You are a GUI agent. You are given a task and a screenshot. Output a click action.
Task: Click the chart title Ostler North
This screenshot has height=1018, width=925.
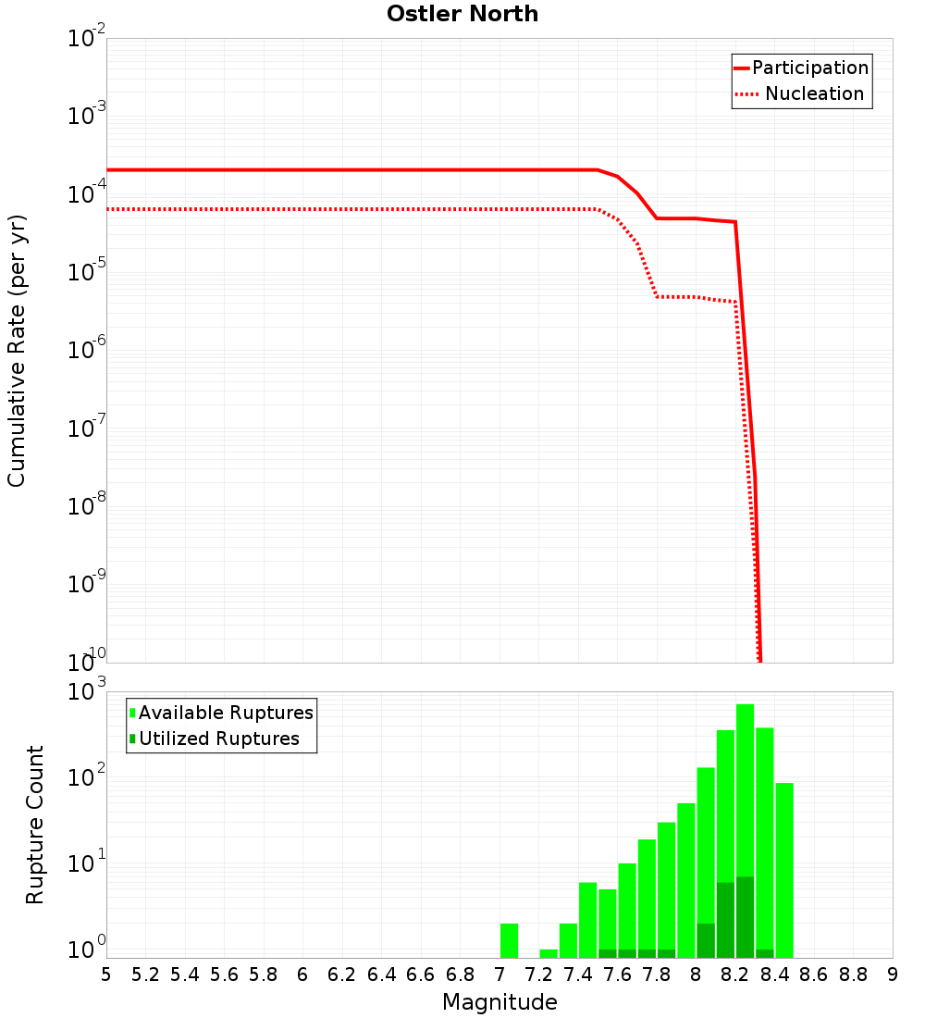[x=462, y=14]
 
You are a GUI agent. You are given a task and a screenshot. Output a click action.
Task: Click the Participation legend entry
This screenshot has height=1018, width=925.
[x=809, y=68]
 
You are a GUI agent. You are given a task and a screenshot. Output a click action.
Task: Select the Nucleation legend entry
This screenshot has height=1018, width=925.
[x=814, y=94]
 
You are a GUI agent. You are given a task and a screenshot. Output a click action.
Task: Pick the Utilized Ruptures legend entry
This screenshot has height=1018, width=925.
[x=218, y=739]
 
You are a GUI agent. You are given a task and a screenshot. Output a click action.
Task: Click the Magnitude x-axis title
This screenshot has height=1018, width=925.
[x=499, y=1002]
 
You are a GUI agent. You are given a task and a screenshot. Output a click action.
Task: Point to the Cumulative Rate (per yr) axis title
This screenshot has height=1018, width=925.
[x=17, y=350]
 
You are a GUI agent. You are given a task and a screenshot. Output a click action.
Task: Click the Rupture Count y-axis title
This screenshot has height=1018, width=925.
[x=35, y=824]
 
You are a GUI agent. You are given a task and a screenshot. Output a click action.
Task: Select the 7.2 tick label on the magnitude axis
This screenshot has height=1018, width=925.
[x=538, y=975]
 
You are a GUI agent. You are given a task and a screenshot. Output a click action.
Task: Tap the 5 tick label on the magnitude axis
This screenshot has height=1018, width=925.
[x=106, y=975]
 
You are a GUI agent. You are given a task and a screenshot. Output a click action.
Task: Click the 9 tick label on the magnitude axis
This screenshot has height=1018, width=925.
[x=892, y=975]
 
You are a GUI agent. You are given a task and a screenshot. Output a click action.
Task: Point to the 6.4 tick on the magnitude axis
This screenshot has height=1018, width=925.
[x=381, y=975]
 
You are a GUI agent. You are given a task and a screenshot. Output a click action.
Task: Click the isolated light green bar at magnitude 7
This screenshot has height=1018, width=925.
[x=509, y=940]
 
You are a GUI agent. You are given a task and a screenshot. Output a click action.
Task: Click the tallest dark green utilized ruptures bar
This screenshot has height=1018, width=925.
[x=745, y=916]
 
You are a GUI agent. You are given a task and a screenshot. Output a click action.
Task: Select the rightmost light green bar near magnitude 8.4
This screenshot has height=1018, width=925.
[x=784, y=870]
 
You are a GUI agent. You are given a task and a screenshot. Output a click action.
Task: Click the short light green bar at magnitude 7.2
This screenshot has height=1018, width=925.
[x=549, y=953]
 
